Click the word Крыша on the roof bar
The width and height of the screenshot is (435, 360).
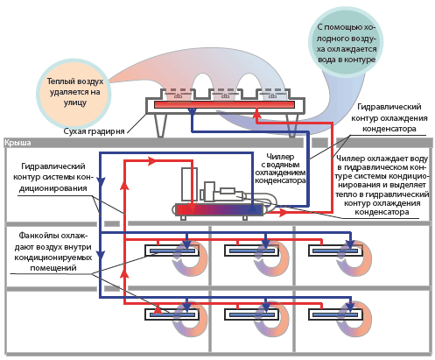(18, 143)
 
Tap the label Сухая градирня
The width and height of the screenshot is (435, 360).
(94, 131)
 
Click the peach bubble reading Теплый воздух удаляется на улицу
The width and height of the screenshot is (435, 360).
(74, 92)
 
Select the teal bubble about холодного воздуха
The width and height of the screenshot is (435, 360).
(346, 43)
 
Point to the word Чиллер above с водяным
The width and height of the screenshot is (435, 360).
(280, 157)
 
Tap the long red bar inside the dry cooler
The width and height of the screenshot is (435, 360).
(224, 105)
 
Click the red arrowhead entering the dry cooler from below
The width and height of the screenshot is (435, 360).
(256, 112)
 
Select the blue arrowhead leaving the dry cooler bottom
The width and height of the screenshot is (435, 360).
(192, 112)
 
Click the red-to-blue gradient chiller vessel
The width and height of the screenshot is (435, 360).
(220, 209)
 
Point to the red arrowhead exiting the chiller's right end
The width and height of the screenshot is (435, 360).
(282, 213)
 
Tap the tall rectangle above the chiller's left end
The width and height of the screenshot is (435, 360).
(189, 184)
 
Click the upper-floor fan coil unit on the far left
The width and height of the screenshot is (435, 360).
(172, 251)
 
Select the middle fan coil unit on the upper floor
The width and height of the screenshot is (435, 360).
(251, 251)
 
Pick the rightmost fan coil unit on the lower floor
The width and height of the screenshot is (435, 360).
(335, 314)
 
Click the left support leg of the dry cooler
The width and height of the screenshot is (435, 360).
(160, 125)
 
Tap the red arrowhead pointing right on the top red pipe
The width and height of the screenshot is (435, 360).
(151, 160)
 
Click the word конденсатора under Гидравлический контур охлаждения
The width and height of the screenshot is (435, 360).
(389, 129)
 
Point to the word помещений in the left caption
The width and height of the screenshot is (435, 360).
(53, 268)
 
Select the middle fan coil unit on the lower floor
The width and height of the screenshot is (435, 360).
(251, 314)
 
